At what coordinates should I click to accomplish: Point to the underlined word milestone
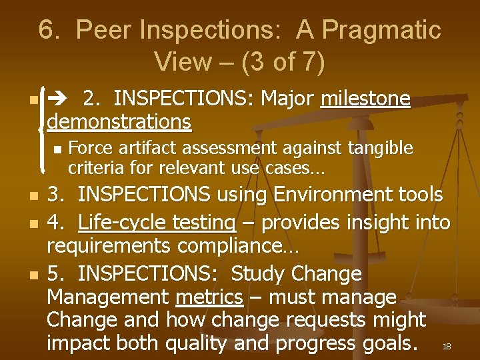pyautogui.click(x=365, y=99)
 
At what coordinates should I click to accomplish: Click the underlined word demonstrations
pyautogui.click(x=119, y=122)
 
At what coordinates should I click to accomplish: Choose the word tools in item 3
pyautogui.click(x=419, y=195)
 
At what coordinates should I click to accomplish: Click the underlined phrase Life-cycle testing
pyautogui.click(x=157, y=221)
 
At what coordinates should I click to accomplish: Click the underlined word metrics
pyautogui.click(x=208, y=297)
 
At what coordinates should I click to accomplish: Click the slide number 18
pyautogui.click(x=447, y=346)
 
